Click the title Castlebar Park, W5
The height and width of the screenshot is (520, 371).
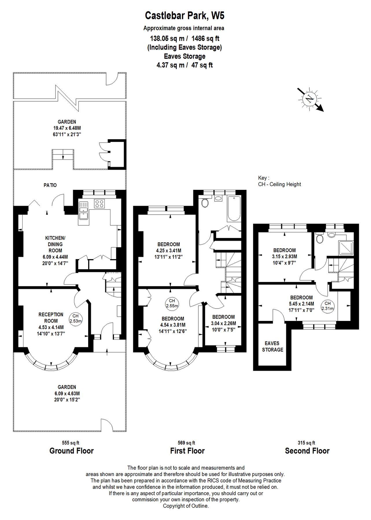click(x=184, y=16)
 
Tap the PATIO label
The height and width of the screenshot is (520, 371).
click(x=50, y=185)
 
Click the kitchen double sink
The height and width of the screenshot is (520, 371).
click(x=84, y=213)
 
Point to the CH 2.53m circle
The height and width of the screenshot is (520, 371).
click(x=76, y=318)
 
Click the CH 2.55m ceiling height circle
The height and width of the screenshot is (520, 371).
click(x=172, y=303)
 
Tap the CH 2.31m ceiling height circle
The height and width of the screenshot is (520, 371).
click(x=327, y=306)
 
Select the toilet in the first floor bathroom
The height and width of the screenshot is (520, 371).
click(x=205, y=203)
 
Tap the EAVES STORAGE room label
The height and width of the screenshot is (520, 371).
click(x=272, y=346)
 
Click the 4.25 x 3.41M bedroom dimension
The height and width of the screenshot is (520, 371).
click(x=169, y=250)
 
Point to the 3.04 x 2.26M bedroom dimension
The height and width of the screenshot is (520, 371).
click(x=223, y=323)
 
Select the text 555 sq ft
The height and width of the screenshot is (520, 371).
click(x=71, y=443)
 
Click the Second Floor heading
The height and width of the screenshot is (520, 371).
click(x=307, y=451)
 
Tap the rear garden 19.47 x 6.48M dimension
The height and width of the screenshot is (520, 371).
click(x=67, y=128)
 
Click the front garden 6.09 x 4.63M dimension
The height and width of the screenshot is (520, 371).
click(x=67, y=393)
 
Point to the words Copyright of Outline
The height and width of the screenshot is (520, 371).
click(x=186, y=506)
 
